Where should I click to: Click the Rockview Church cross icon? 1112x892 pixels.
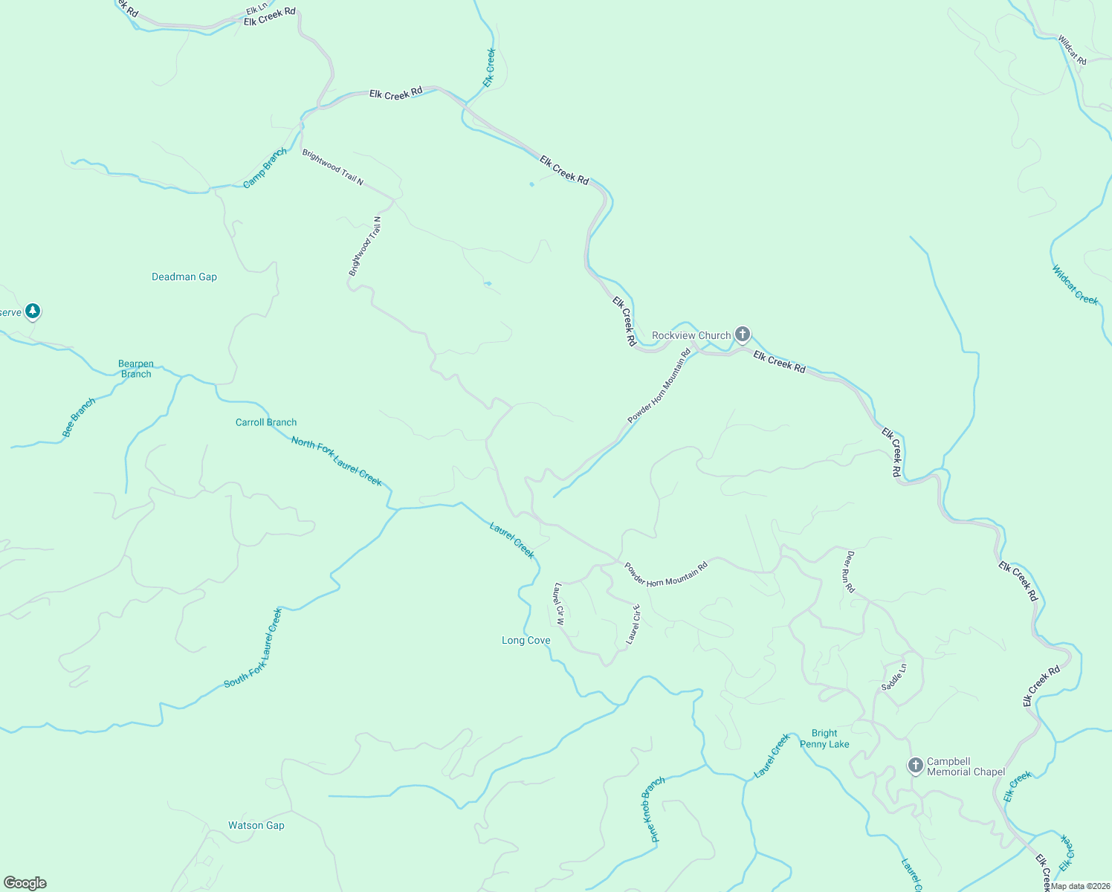[742, 334]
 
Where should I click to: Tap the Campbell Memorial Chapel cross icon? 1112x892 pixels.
[916, 764]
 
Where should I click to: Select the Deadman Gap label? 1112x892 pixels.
[184, 277]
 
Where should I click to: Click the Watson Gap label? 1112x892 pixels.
[256, 825]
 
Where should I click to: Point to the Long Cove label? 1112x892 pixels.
[526, 640]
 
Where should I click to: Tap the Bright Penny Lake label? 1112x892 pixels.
[824, 739]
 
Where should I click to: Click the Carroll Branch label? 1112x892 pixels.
[266, 422]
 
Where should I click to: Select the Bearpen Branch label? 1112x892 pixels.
[136, 369]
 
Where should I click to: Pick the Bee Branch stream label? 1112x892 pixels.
[79, 418]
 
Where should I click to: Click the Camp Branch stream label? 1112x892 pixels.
[265, 168]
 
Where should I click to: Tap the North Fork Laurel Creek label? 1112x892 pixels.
[337, 462]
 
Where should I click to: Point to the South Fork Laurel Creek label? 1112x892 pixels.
[253, 648]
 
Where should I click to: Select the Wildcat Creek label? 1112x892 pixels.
[1075, 285]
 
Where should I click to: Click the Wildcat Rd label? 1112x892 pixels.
[1072, 51]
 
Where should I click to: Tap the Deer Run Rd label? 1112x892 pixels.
[850, 572]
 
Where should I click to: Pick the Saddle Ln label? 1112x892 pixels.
[894, 677]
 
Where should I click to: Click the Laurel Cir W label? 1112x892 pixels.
[559, 604]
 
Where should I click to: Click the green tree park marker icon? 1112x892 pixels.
[32, 311]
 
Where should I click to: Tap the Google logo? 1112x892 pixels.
[25, 883]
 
